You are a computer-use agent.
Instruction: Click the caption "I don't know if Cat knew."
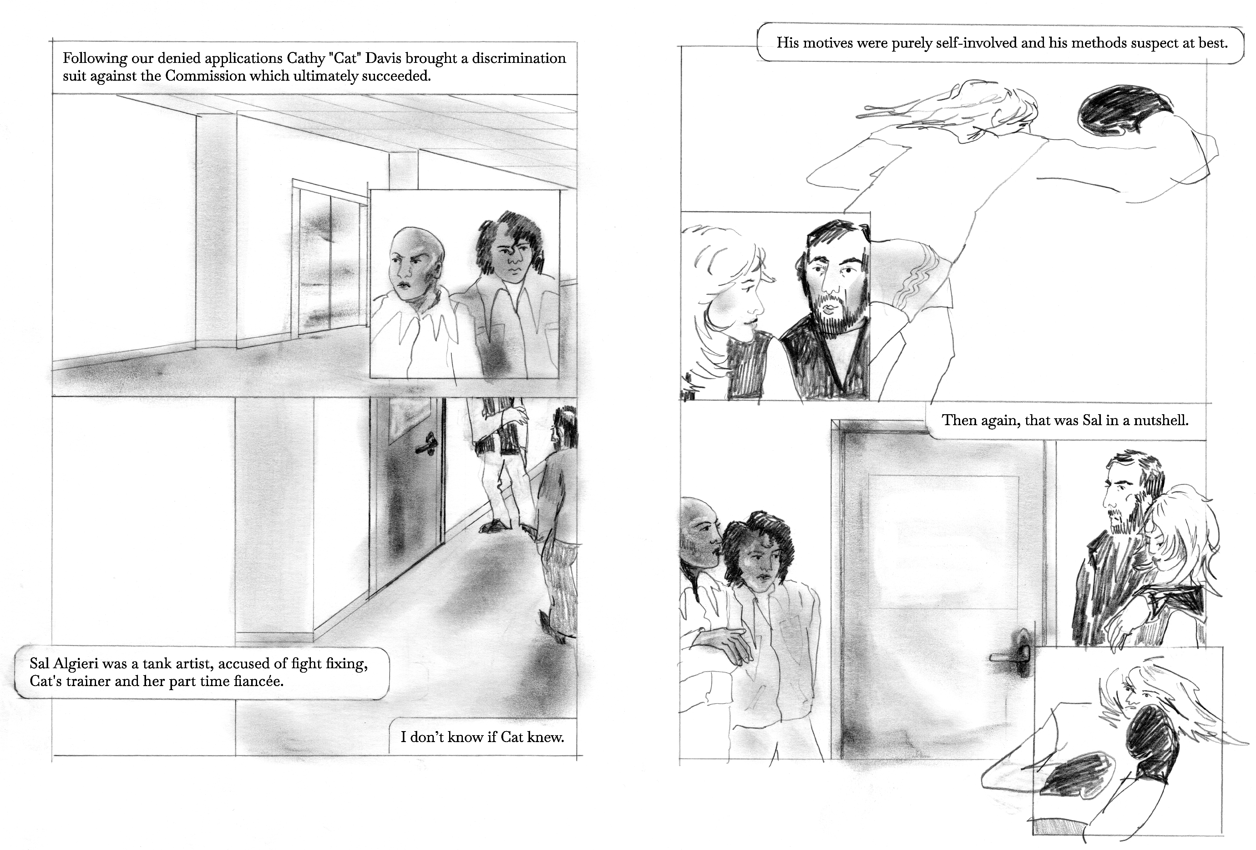tap(482, 737)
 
